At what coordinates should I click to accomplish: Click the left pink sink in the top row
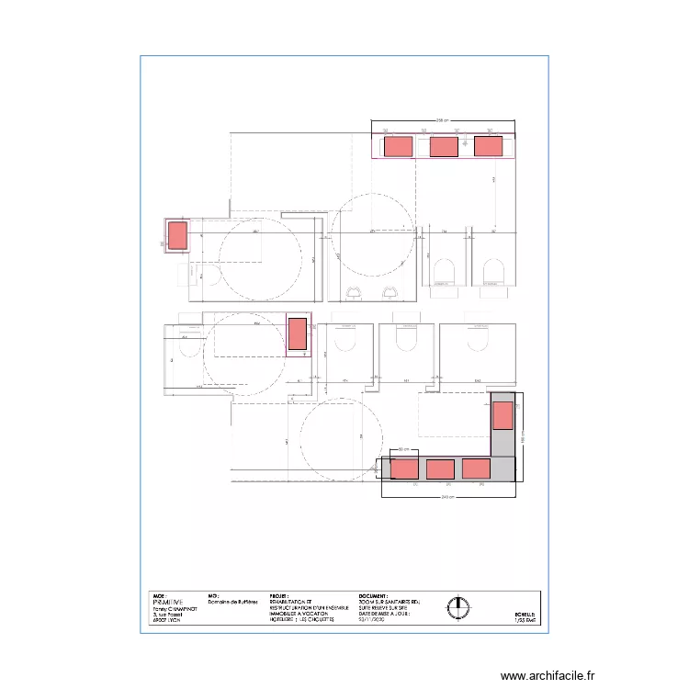click(x=397, y=145)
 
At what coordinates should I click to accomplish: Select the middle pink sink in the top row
click(x=444, y=146)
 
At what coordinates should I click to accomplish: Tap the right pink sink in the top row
click(x=488, y=145)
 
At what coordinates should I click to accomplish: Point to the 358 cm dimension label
click(x=444, y=120)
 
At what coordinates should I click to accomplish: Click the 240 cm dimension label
click(x=447, y=497)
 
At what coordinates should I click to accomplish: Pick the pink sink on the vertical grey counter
click(x=502, y=416)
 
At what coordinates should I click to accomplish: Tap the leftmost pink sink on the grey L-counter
click(x=404, y=469)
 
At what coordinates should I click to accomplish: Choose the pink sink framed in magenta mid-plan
click(x=298, y=334)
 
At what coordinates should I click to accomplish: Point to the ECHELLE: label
click(x=524, y=614)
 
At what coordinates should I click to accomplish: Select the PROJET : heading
click(x=279, y=595)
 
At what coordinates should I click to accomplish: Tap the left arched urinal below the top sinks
click(x=444, y=270)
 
